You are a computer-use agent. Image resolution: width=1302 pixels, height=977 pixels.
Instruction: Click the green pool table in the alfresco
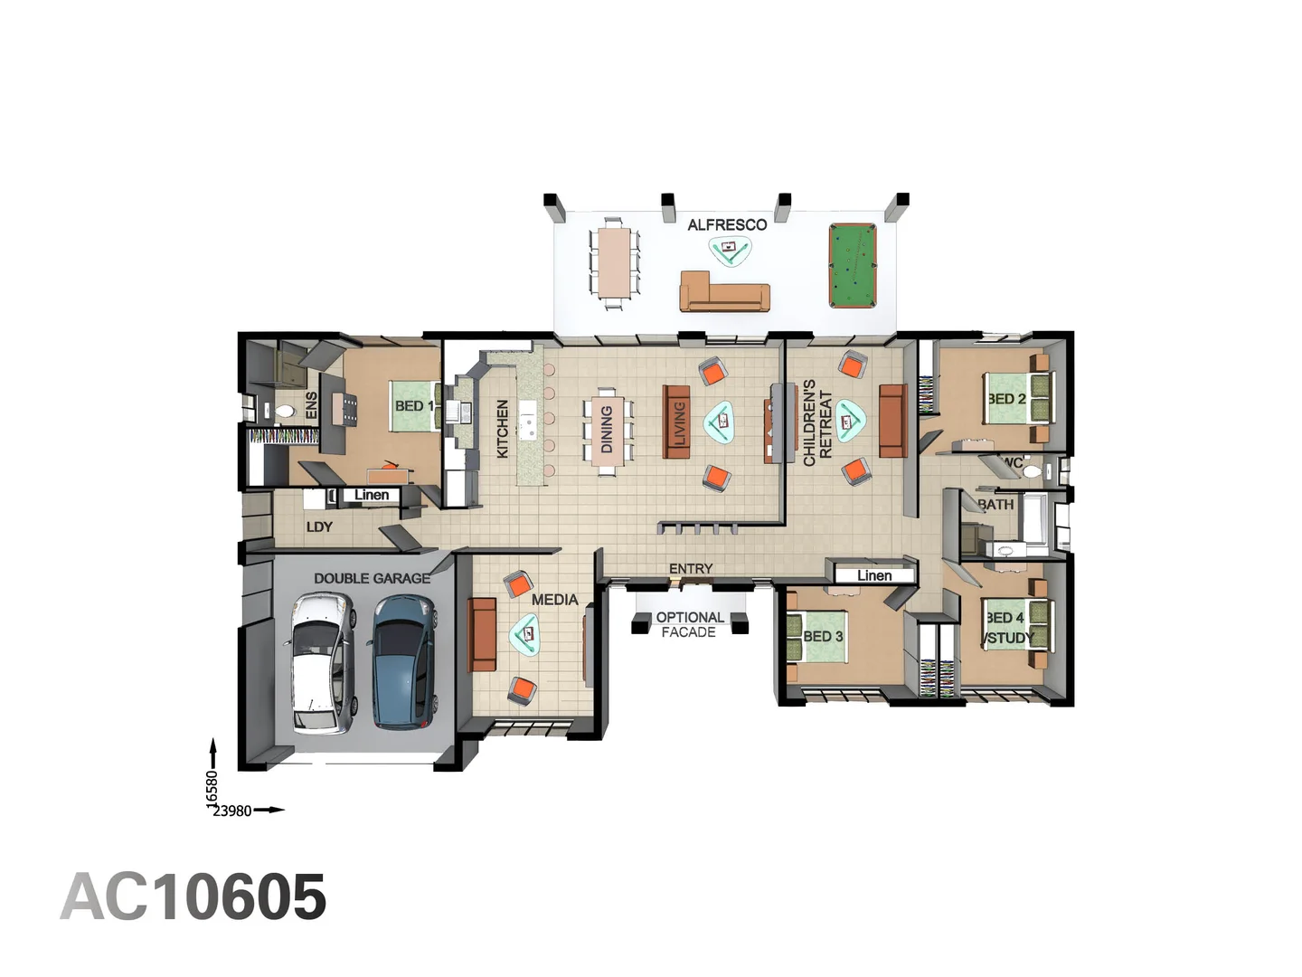852,266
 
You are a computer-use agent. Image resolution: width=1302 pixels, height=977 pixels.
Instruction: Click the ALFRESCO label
727,224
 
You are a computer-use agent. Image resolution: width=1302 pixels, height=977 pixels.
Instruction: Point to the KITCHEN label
503,429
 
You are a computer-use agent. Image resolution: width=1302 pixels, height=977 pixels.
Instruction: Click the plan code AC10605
193,897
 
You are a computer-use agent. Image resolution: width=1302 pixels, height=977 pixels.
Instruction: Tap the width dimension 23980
232,811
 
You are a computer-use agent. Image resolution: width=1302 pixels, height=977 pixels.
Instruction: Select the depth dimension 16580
212,788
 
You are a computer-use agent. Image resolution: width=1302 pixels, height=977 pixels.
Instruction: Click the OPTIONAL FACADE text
689,624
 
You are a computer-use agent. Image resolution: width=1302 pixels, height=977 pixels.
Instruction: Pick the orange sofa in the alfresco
724,291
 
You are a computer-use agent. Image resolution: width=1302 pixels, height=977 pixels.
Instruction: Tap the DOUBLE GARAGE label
372,578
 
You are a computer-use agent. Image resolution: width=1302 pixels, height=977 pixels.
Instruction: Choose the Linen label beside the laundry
372,495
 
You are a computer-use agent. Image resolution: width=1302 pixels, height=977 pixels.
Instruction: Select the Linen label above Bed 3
873,575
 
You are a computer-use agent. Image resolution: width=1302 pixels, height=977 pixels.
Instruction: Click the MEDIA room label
554,599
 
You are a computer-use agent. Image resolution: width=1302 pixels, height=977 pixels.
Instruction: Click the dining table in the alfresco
614,261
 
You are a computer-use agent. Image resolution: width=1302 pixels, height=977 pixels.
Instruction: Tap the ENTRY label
691,568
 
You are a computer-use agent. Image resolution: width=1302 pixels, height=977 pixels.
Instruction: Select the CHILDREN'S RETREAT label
816,423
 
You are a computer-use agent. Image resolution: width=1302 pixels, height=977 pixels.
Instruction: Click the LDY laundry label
319,526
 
